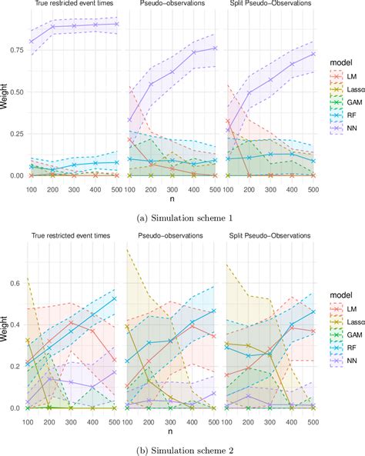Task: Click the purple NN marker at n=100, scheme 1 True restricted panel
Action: (x=32, y=42)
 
